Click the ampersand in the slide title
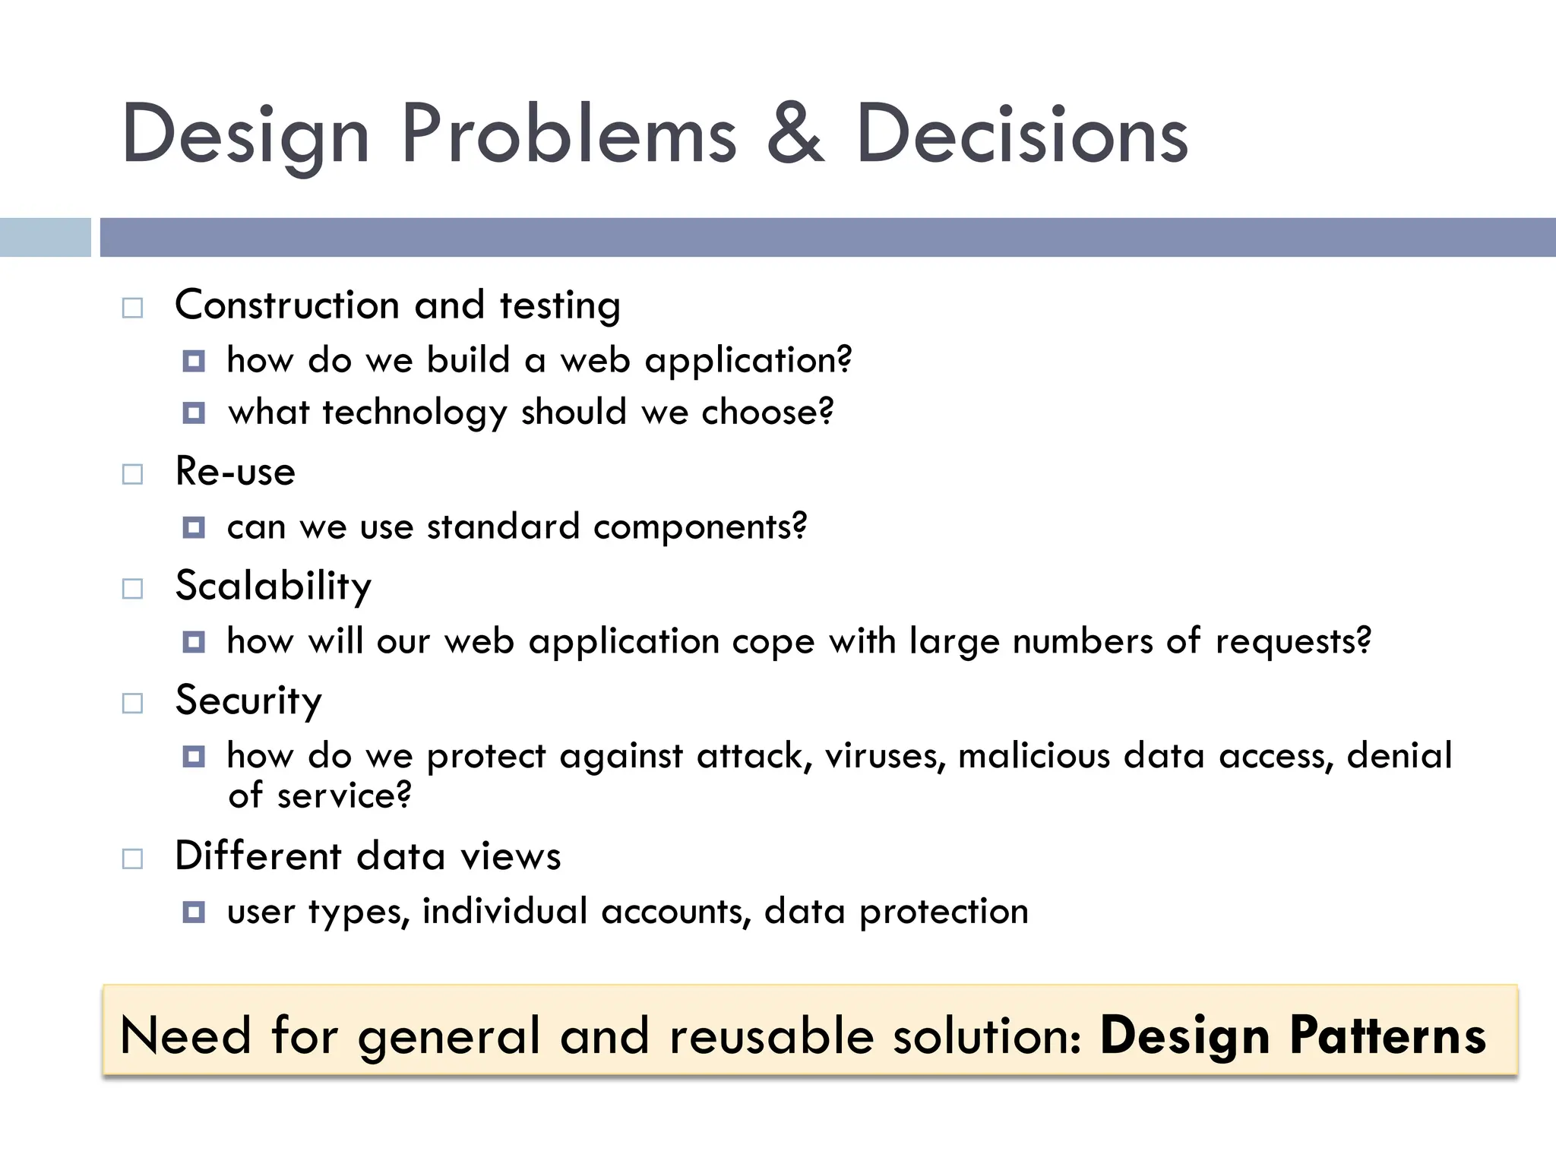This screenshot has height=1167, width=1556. click(x=795, y=135)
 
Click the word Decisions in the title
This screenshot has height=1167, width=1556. click(x=1021, y=135)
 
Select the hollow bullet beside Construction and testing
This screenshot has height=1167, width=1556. click(x=133, y=308)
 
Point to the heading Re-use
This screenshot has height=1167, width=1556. click(x=235, y=471)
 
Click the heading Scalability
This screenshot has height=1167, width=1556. click(x=273, y=586)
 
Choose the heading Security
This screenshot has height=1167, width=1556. click(x=248, y=701)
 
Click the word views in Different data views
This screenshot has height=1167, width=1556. click(x=511, y=856)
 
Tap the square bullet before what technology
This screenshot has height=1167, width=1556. click(x=194, y=413)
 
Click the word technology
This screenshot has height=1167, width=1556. click(x=414, y=413)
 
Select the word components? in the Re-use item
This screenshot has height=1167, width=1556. click(x=700, y=527)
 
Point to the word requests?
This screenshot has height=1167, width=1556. click(x=1293, y=642)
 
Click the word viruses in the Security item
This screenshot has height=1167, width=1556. click(x=885, y=756)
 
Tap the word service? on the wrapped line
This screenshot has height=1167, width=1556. click(x=343, y=796)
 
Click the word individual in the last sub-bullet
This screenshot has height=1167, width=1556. click(x=504, y=911)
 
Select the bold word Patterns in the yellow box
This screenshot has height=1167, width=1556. click(x=1387, y=1036)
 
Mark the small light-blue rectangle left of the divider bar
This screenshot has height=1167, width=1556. click(x=45, y=237)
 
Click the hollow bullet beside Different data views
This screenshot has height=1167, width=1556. click(x=133, y=859)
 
